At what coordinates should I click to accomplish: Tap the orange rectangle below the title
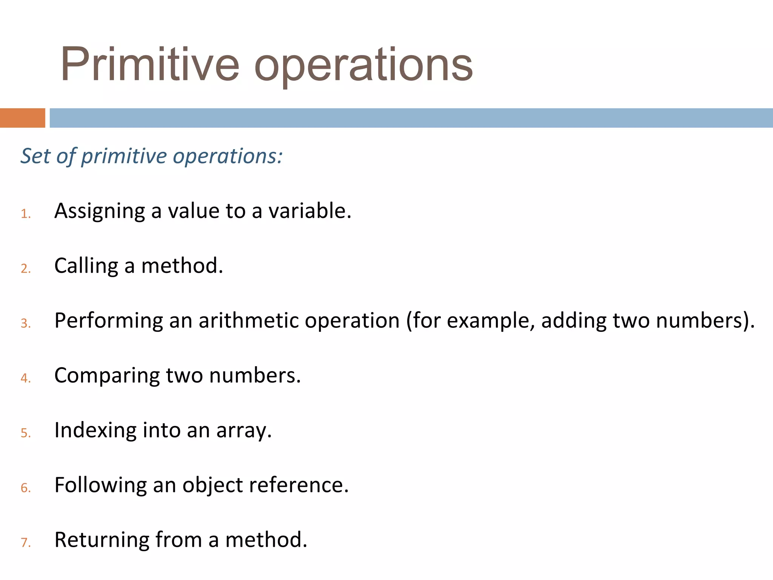(x=22, y=118)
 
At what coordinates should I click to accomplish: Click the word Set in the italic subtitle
(x=35, y=156)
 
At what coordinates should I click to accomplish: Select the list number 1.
(x=26, y=214)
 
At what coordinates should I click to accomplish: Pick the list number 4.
(x=26, y=378)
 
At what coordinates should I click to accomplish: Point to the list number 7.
(x=26, y=543)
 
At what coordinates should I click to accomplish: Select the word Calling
(x=86, y=266)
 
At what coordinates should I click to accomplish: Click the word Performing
(x=109, y=321)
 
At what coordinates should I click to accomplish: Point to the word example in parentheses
(x=491, y=321)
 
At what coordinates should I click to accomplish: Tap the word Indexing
(x=95, y=430)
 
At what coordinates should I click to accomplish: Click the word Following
(x=100, y=485)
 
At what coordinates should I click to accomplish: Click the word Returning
(x=102, y=540)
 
